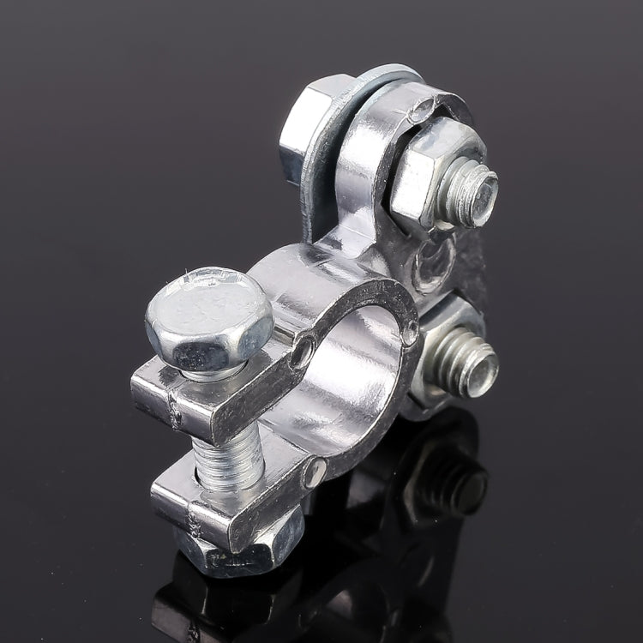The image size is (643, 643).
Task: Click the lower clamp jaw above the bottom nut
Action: click(231, 506)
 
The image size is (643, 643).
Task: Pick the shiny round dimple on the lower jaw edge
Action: click(315, 471)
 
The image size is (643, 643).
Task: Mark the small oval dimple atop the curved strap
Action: click(419, 109)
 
